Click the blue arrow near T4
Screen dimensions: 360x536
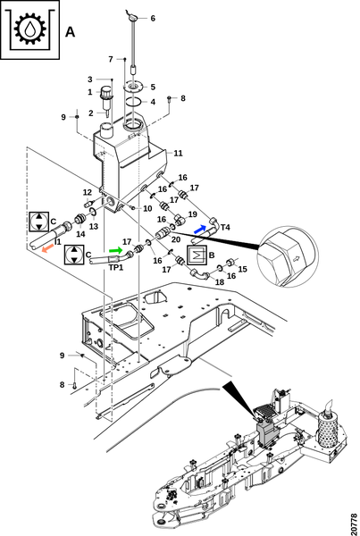[x=200, y=229]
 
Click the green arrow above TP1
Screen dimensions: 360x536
[x=115, y=250]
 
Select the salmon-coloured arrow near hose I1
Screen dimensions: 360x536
[x=47, y=247]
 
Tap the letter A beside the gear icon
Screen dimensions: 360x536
[x=70, y=32]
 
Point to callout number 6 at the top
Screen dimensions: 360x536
[x=153, y=18]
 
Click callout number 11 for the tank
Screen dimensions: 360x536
[x=178, y=153]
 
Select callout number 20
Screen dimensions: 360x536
[x=176, y=239]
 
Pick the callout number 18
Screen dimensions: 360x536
[x=220, y=282]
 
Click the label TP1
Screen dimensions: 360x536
[x=116, y=267]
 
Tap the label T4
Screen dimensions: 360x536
[x=226, y=227]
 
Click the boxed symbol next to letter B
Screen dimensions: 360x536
[x=197, y=255]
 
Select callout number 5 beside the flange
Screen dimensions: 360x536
[x=153, y=87]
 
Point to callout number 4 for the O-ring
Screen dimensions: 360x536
[x=153, y=102]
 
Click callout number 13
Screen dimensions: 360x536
[x=94, y=226]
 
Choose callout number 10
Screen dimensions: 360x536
[x=147, y=208]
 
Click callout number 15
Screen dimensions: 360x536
[x=242, y=269]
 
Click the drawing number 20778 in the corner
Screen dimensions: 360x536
[x=354, y=523]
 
